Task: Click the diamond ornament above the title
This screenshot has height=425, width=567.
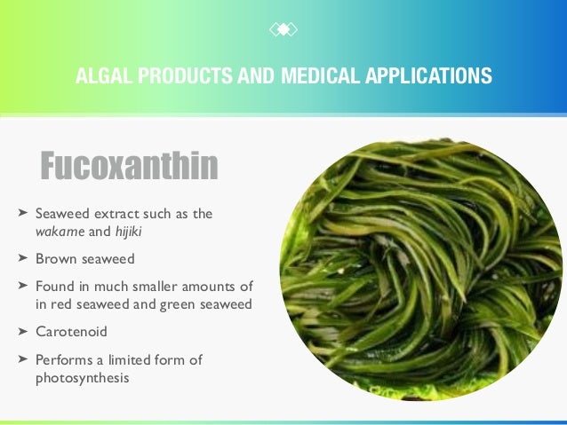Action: (x=283, y=29)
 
